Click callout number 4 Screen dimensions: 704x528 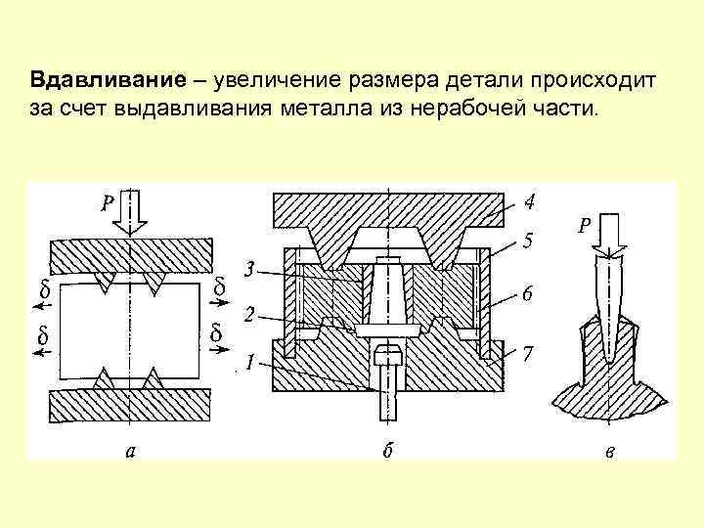click(x=528, y=204)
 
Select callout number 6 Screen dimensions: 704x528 click(x=528, y=293)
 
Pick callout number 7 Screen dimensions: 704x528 click(x=528, y=353)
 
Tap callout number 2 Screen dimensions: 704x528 click(x=249, y=316)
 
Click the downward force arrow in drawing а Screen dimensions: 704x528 click(x=128, y=213)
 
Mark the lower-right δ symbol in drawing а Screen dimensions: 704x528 click(x=215, y=334)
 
